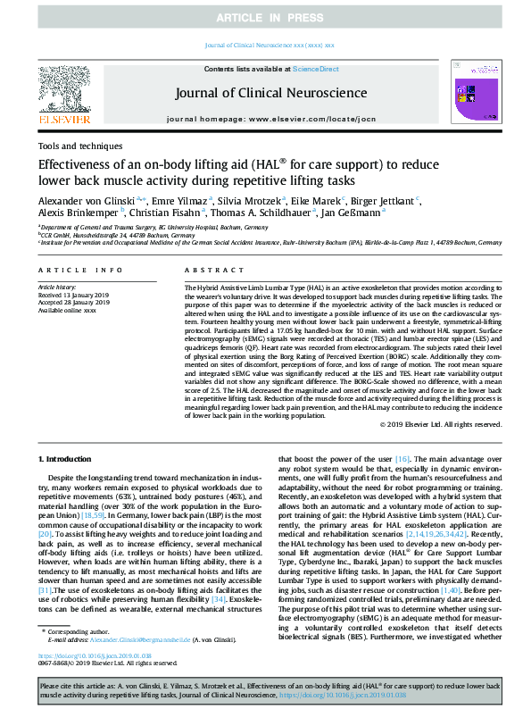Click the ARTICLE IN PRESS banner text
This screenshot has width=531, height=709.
click(265, 17)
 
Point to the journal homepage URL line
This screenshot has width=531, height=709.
click(265, 119)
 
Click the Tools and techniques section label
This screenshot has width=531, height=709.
click(80, 146)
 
